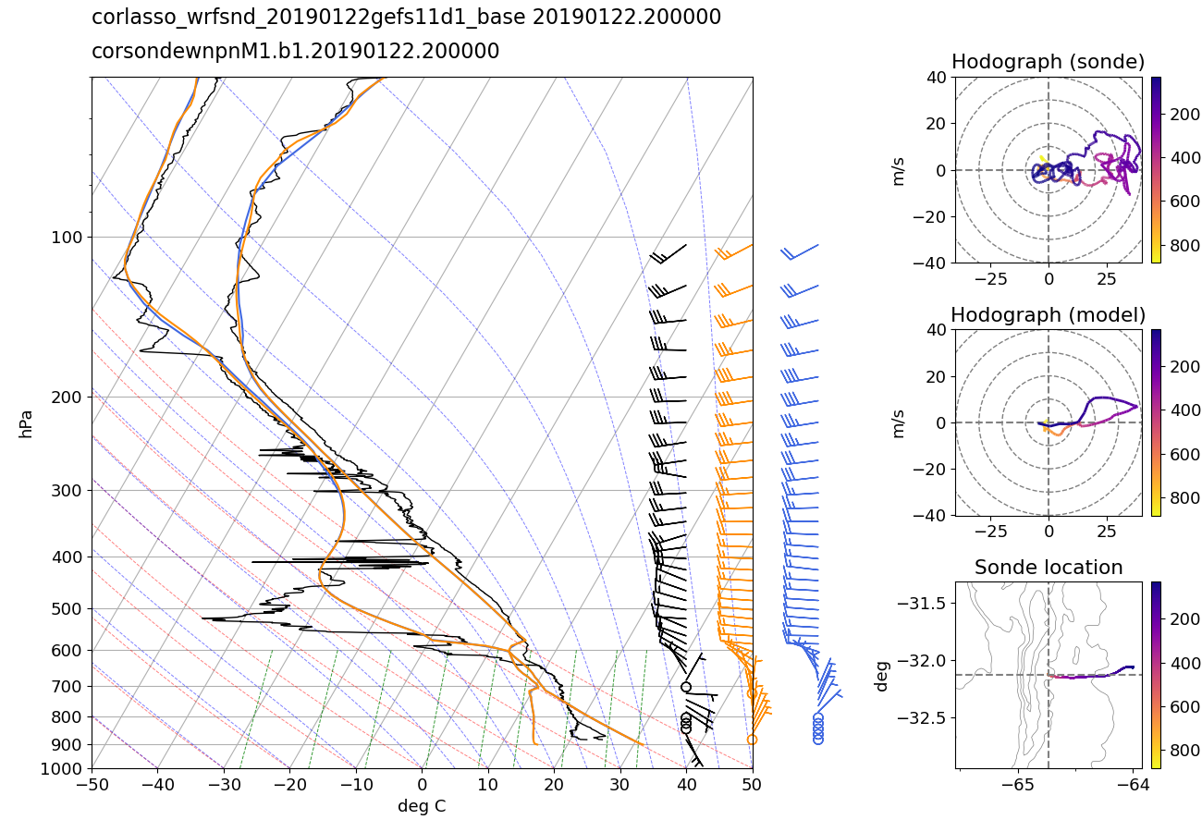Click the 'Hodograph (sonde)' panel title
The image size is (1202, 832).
[1048, 62]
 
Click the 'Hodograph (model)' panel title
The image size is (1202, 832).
[1048, 314]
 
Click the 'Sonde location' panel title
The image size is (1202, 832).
[1048, 568]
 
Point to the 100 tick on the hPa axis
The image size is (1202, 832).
[70, 238]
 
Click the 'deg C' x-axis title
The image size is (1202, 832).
[422, 806]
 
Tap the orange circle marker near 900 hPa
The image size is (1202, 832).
[752, 740]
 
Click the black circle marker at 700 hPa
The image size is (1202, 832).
[686, 687]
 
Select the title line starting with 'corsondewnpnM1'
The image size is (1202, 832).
[295, 52]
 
